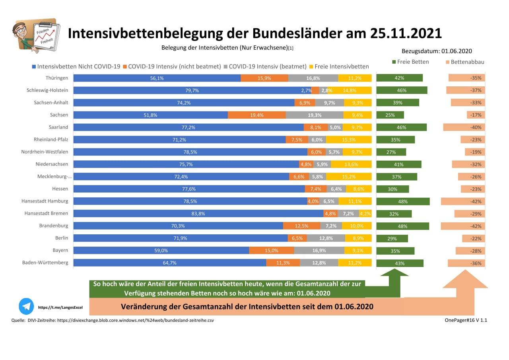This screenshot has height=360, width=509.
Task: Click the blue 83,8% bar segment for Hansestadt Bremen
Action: pos(198,214)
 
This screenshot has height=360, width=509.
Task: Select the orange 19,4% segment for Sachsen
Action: pos(256,115)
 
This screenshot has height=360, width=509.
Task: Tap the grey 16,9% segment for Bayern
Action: pos(319,251)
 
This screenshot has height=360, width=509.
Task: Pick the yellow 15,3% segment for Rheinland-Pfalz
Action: pos(349,140)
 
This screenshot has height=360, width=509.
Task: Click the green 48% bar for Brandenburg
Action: pos(402,226)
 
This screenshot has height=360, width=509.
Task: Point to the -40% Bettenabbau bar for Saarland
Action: pos(464,127)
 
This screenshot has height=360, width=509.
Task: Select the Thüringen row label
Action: pos(57,78)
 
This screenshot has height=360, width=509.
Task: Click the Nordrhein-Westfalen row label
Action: pos(45,152)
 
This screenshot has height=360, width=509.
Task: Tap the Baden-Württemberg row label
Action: pos(45,263)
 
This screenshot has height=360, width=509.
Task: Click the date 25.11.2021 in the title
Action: pos(406,33)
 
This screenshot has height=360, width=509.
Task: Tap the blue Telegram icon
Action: pos(26,306)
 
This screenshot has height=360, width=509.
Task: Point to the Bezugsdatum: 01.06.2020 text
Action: pos(437,51)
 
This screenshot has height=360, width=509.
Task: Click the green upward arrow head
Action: pos(394,272)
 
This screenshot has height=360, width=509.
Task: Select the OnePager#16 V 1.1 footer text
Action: pos(466,320)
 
